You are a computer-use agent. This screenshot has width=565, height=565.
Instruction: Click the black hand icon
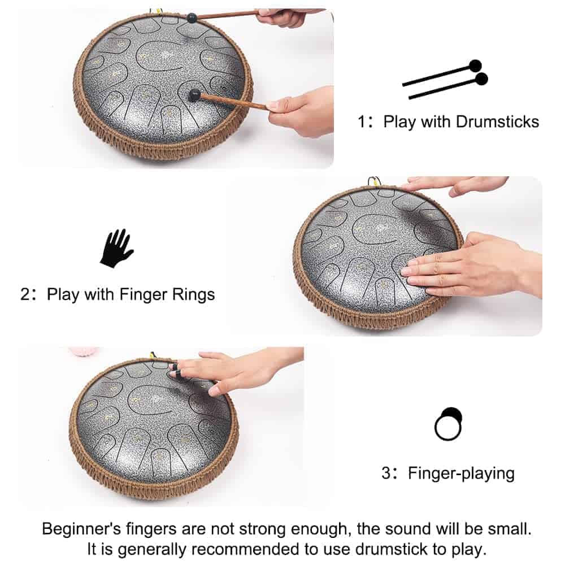(x=116, y=249)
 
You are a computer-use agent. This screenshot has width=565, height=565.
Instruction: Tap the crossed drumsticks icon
(x=446, y=79)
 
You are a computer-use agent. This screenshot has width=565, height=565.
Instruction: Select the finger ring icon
(x=448, y=424)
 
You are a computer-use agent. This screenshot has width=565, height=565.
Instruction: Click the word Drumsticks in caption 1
(x=497, y=122)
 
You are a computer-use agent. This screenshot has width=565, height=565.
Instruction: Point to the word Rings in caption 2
(x=193, y=294)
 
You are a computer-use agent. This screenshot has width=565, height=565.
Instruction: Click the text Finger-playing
(x=461, y=473)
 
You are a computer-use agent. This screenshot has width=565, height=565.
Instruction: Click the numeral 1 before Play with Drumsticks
(x=362, y=122)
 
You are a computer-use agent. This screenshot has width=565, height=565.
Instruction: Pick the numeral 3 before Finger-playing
(x=386, y=473)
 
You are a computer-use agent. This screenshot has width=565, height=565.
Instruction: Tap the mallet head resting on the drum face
(x=194, y=95)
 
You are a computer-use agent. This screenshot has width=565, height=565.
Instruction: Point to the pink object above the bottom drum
(x=83, y=351)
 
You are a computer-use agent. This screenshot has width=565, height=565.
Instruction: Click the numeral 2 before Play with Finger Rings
(x=25, y=294)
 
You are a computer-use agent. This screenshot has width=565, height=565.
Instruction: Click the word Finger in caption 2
(x=144, y=294)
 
